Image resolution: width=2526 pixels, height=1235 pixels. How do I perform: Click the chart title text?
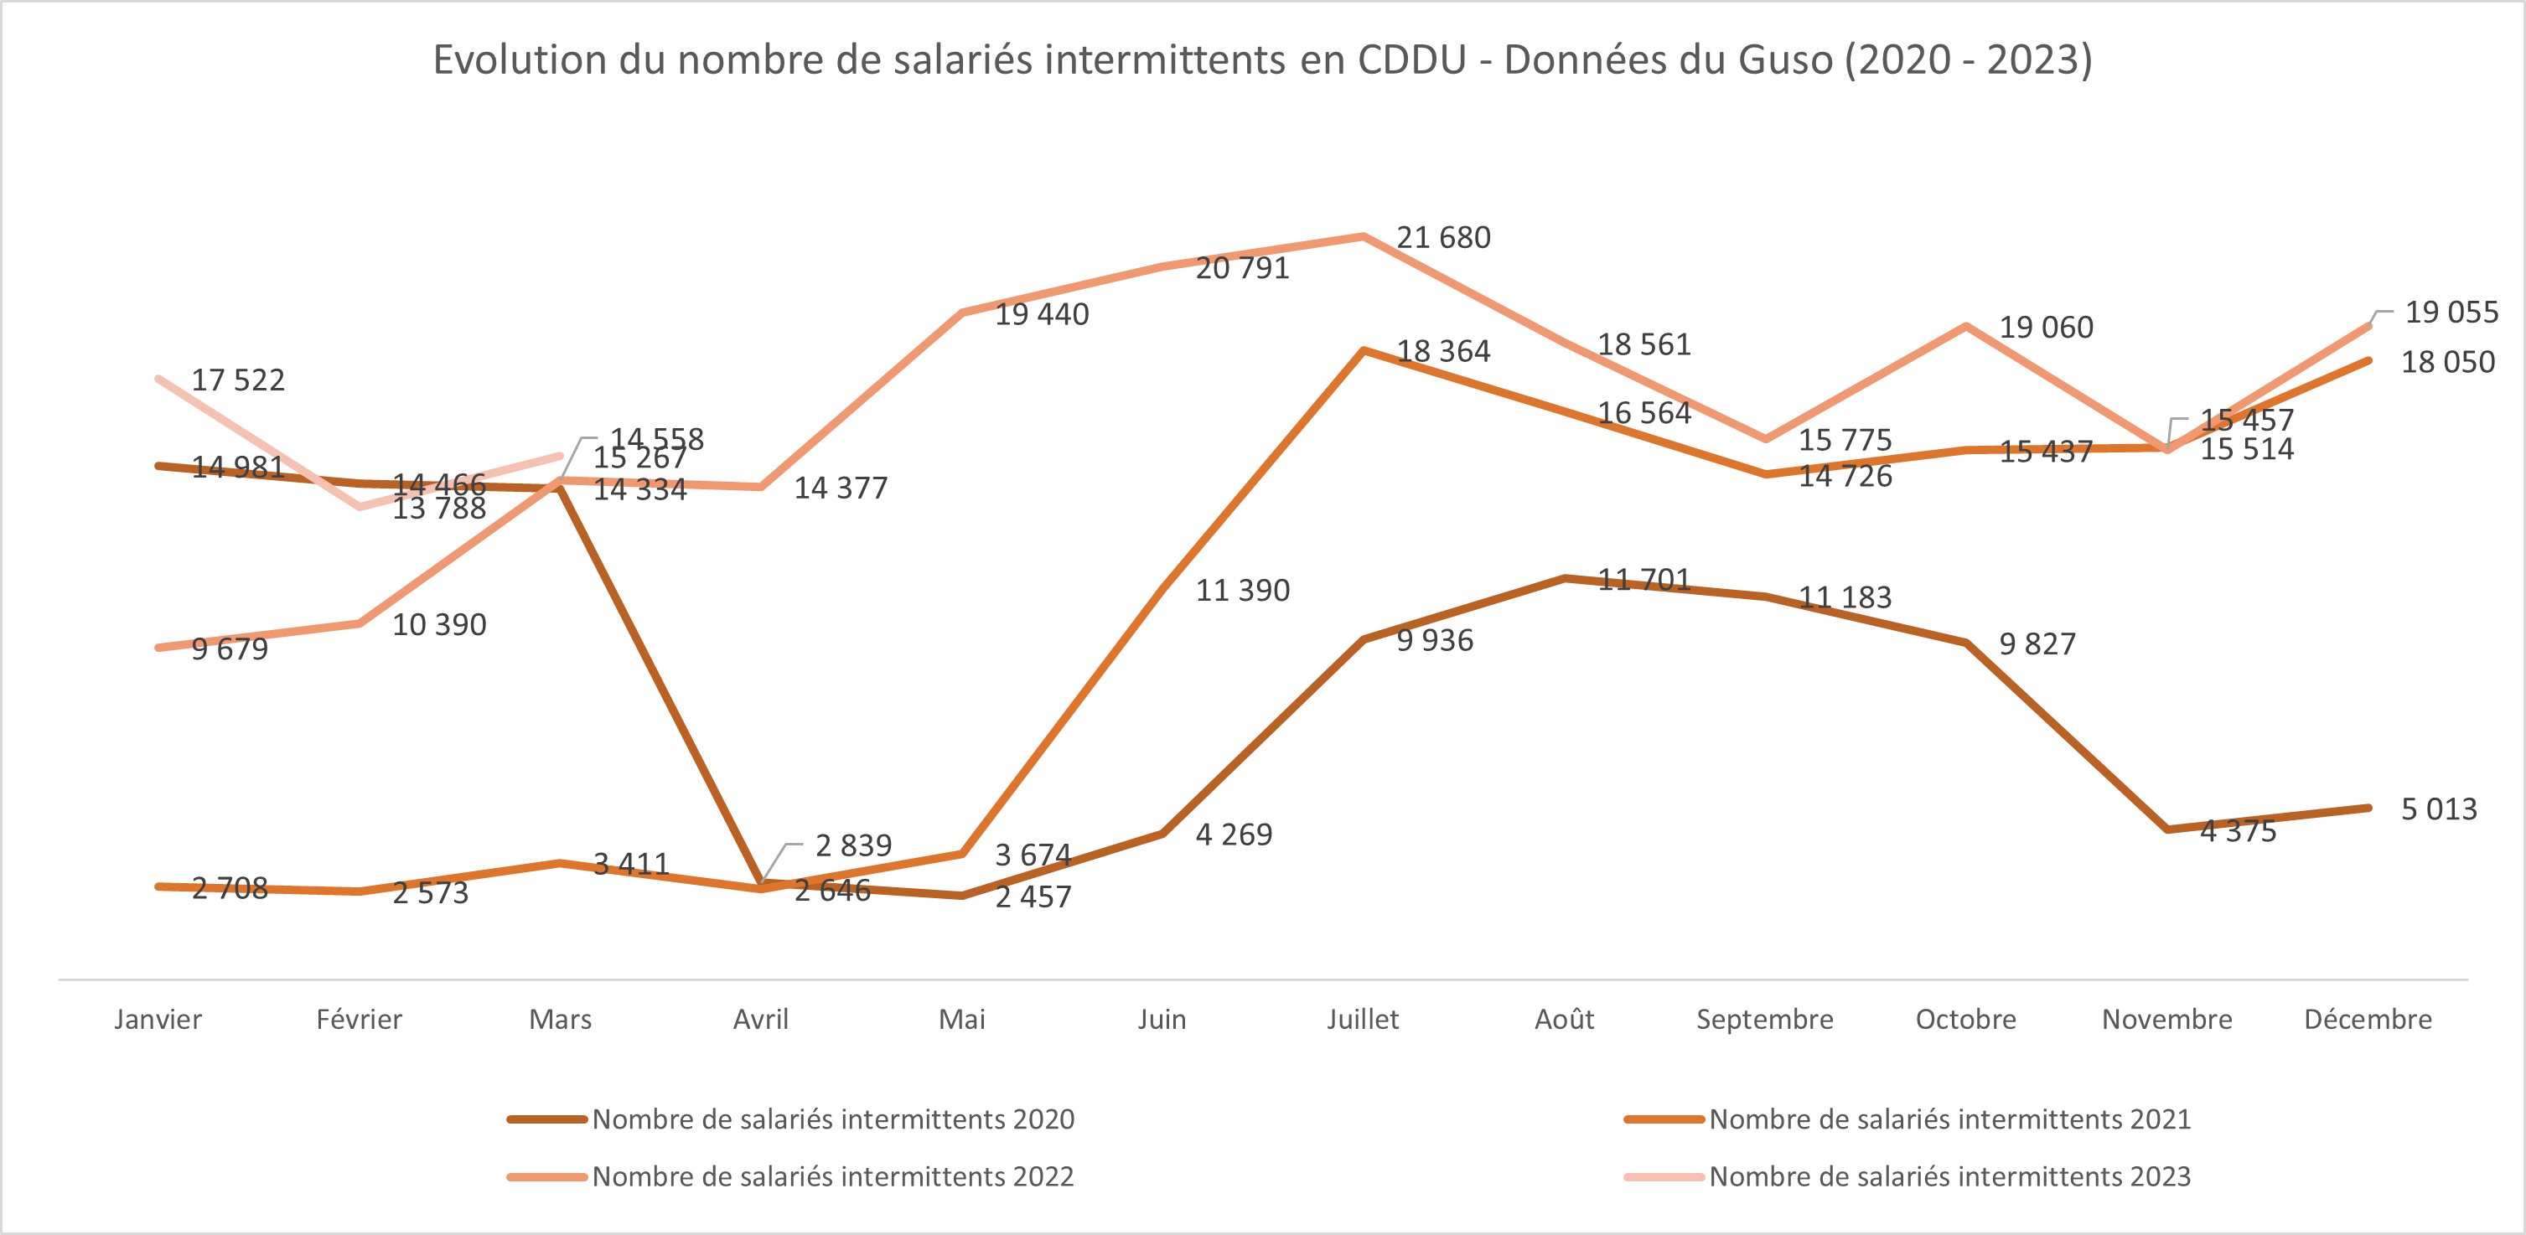pyautogui.click(x=1262, y=59)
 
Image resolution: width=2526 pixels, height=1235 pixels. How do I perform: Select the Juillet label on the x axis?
pyautogui.click(x=1362, y=1020)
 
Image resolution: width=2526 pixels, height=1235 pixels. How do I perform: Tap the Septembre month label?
pyautogui.click(x=1764, y=1020)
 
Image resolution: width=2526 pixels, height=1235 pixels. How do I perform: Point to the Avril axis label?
pyautogui.click(x=760, y=1020)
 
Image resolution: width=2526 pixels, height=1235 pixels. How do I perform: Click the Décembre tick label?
pyautogui.click(x=2367, y=1020)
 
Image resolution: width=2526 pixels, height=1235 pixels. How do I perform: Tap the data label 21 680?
pyautogui.click(x=1442, y=238)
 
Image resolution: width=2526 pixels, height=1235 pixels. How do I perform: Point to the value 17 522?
pyautogui.click(x=237, y=380)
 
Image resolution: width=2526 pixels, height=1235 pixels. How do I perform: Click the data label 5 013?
pyautogui.click(x=2438, y=809)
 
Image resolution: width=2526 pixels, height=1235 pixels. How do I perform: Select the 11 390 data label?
pyautogui.click(x=1242, y=591)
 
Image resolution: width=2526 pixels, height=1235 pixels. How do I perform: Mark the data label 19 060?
pyautogui.click(x=2046, y=328)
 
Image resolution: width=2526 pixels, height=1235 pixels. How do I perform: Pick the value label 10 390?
pyautogui.click(x=439, y=625)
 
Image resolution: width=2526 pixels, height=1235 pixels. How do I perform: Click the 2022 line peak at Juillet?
pyautogui.click(x=1363, y=236)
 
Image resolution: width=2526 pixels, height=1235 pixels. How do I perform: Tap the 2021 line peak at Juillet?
pyautogui.click(x=1363, y=350)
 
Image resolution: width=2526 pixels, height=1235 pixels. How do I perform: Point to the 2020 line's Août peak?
pyautogui.click(x=1564, y=578)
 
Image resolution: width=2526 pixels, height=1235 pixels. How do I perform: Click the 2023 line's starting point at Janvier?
pyautogui.click(x=159, y=379)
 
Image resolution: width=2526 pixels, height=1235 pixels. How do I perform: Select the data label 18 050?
pyautogui.click(x=2447, y=363)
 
